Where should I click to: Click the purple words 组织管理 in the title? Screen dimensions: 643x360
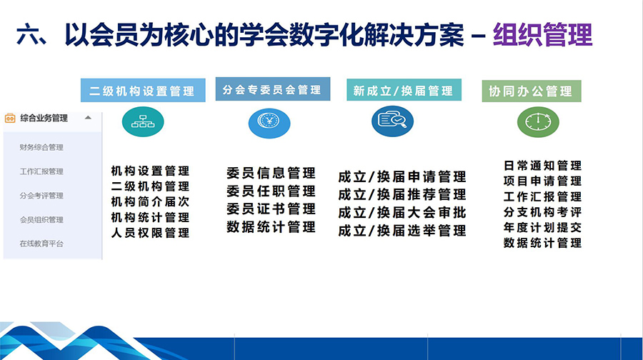click(542, 35)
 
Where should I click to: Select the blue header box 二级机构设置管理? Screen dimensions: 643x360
click(143, 90)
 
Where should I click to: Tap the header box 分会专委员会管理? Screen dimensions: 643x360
click(273, 89)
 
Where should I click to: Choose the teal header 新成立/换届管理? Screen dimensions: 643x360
click(404, 90)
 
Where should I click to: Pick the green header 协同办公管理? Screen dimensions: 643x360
click(532, 91)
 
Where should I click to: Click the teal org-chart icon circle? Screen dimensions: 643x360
click(143, 121)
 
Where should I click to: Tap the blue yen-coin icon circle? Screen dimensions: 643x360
click(269, 123)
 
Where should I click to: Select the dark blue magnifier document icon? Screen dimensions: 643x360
click(392, 121)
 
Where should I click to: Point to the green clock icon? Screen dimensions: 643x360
click(538, 121)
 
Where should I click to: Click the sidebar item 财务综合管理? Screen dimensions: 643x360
click(41, 147)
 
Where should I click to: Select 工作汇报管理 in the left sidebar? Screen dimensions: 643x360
click(41, 171)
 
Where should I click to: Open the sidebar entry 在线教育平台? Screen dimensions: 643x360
click(41, 244)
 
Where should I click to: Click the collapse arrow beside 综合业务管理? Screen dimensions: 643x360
click(88, 118)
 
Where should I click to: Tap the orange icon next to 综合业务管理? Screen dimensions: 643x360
click(10, 118)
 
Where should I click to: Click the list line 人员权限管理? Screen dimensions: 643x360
click(150, 233)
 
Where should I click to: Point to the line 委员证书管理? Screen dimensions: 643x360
click(271, 209)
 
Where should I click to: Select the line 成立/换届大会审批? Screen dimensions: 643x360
click(402, 212)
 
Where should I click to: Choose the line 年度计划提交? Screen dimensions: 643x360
click(542, 228)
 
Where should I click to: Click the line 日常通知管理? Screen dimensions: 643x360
click(542, 166)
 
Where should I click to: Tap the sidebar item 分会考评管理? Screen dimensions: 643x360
click(41, 196)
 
